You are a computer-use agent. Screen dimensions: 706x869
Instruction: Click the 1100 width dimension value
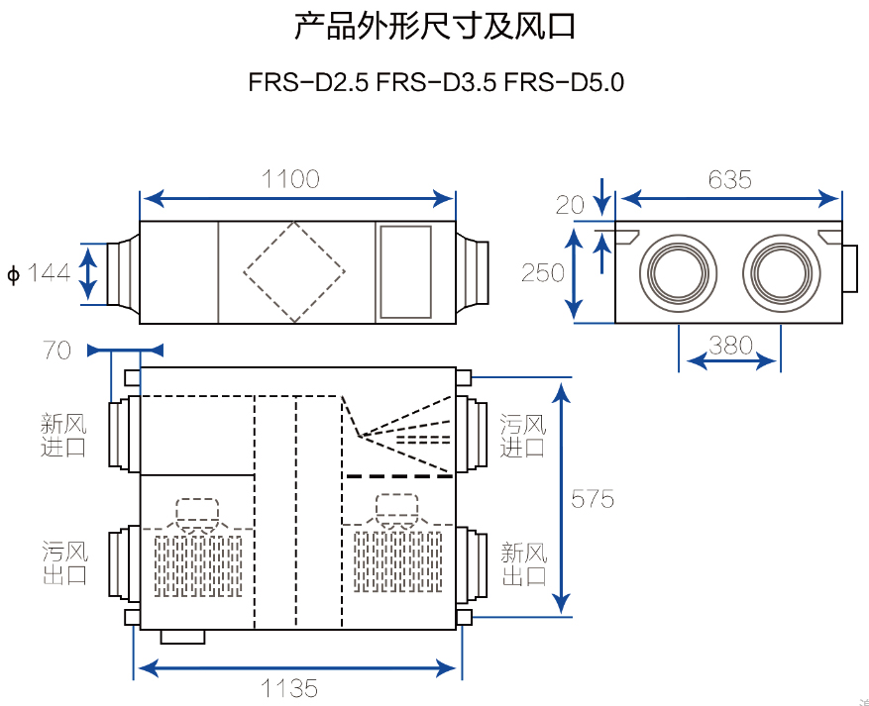pyautogui.click(x=290, y=179)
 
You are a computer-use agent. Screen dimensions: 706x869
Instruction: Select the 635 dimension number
pyautogui.click(x=730, y=180)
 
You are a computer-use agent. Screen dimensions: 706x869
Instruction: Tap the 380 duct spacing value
pyautogui.click(x=731, y=346)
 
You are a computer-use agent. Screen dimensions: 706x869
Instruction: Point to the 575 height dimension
pyautogui.click(x=593, y=499)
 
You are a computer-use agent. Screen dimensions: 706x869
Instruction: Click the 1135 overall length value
pyautogui.click(x=289, y=687)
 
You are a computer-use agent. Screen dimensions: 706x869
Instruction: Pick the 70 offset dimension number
pyautogui.click(x=57, y=350)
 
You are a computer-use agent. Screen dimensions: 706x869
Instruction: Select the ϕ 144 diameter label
pyautogui.click(x=40, y=272)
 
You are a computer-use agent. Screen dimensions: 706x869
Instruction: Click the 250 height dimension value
pyautogui.click(x=543, y=272)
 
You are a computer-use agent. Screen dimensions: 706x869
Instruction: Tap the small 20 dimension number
pyautogui.click(x=570, y=205)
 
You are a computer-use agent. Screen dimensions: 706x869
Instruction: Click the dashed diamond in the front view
pyautogui.click(x=294, y=271)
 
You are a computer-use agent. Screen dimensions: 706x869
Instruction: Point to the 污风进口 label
pyautogui.click(x=522, y=436)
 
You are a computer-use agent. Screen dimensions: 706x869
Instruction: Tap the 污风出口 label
pyautogui.click(x=64, y=561)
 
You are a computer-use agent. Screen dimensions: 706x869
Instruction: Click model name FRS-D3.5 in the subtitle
pyautogui.click(x=436, y=82)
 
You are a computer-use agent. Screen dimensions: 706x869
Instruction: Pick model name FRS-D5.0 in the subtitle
pyautogui.click(x=564, y=82)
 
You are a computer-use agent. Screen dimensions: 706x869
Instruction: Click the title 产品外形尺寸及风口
pyautogui.click(x=435, y=27)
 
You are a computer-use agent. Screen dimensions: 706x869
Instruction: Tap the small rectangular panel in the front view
pyautogui.click(x=405, y=271)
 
